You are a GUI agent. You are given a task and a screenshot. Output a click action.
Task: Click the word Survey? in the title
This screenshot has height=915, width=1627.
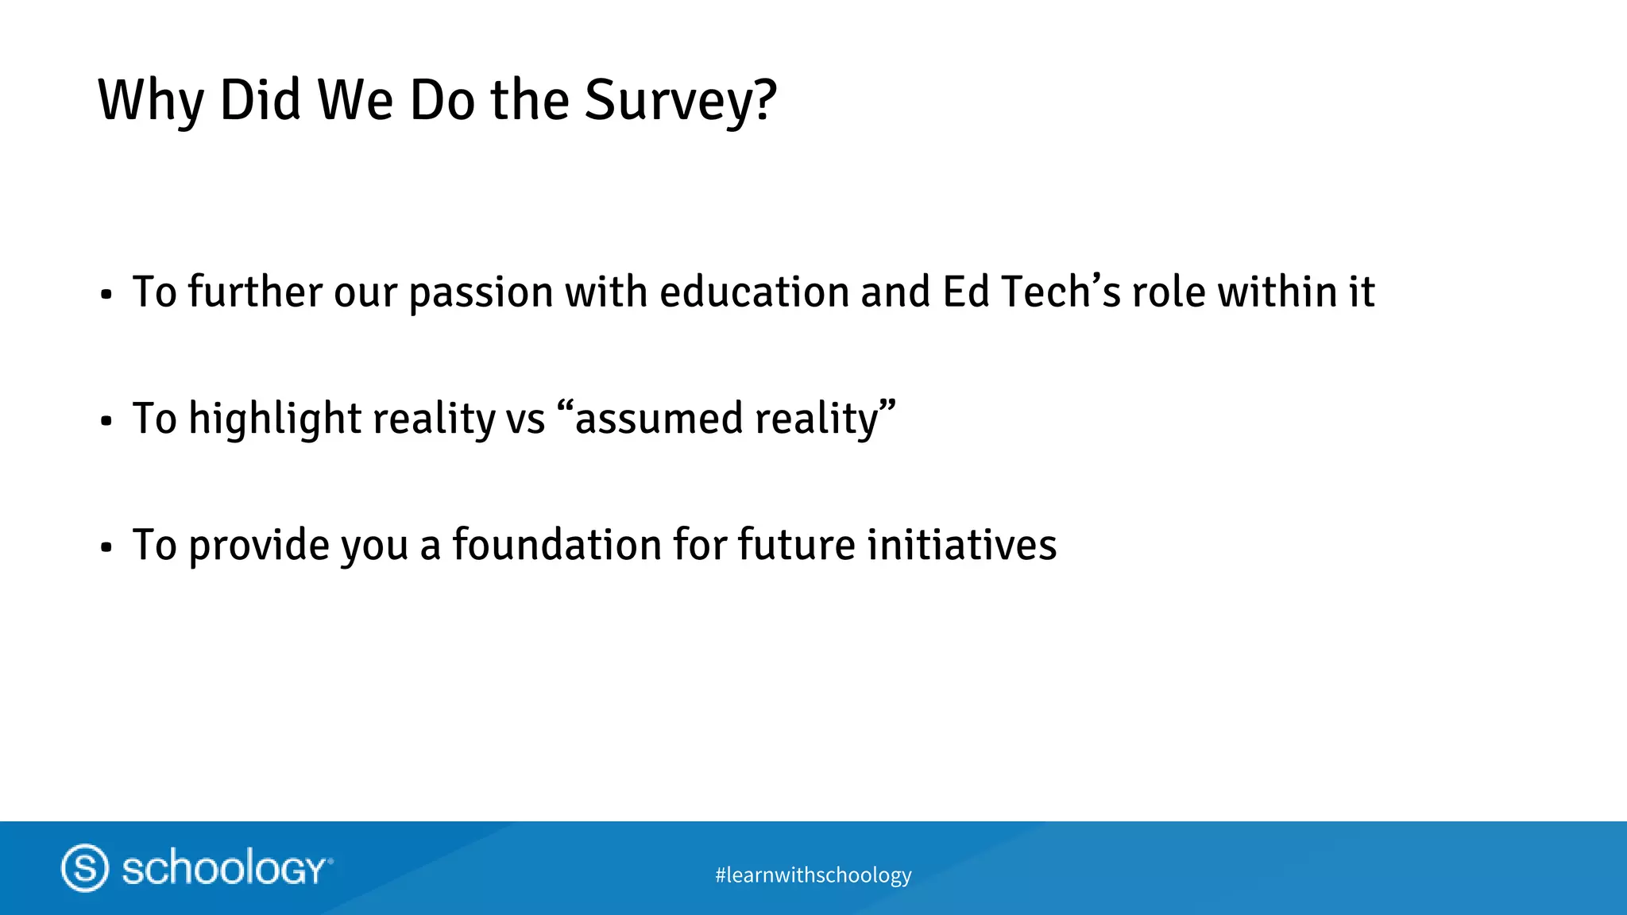[680, 101]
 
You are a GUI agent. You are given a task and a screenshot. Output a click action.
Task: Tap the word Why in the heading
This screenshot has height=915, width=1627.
[151, 101]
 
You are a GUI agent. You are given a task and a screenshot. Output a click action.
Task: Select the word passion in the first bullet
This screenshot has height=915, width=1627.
[481, 292]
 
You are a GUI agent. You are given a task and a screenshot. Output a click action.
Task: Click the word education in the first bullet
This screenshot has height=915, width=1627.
[755, 292]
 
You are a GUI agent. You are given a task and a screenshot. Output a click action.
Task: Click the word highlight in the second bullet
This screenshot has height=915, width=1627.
[274, 419]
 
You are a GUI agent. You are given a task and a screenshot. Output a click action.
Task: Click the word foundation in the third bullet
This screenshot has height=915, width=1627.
[557, 545]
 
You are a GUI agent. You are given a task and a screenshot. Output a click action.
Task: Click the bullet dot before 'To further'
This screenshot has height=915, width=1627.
[106, 295]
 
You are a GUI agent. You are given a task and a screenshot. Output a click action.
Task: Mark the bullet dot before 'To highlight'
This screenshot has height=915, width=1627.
[106, 422]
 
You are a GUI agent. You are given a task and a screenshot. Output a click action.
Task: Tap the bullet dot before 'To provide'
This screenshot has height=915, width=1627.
[106, 548]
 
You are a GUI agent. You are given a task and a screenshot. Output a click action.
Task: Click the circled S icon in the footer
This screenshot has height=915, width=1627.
[85, 867]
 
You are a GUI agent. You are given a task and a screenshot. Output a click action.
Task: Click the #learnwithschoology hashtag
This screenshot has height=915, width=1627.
[813, 875]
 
